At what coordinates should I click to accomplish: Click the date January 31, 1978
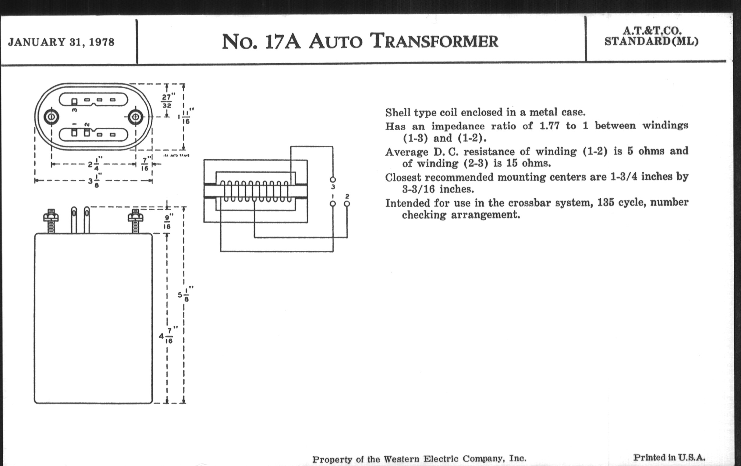click(x=61, y=42)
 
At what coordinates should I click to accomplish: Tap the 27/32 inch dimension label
click(x=167, y=101)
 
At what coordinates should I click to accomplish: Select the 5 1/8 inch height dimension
click(x=186, y=294)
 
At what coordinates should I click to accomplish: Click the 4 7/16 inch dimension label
click(x=166, y=336)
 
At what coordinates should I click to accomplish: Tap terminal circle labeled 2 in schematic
click(x=347, y=203)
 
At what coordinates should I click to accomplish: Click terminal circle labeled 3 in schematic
click(x=333, y=180)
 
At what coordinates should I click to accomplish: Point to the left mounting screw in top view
click(x=51, y=117)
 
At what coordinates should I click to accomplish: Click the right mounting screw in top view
click(x=135, y=117)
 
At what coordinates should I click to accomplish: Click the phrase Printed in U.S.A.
click(x=669, y=457)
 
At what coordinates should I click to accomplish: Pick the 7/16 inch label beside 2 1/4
click(x=145, y=164)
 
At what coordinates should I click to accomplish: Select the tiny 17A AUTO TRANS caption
click(x=176, y=156)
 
